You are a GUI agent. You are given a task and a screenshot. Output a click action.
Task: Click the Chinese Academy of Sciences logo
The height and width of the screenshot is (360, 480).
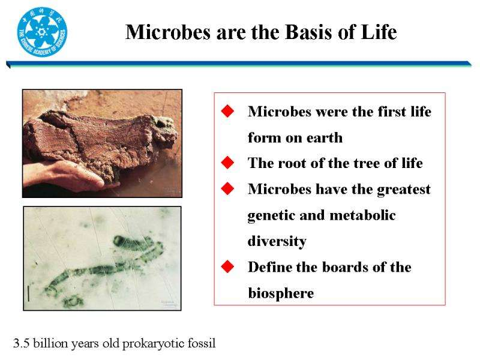point(42,32)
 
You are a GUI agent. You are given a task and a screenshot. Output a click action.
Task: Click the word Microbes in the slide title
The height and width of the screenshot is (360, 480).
point(168,32)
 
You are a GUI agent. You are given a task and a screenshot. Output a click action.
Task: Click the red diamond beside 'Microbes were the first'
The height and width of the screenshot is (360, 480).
point(227,111)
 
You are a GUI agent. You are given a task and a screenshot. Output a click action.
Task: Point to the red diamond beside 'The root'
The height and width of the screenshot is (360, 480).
point(227,163)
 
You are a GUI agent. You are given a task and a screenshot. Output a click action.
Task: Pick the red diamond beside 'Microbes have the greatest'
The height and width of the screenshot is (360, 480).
point(227,188)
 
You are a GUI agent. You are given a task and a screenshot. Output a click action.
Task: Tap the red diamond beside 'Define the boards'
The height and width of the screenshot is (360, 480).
point(227,266)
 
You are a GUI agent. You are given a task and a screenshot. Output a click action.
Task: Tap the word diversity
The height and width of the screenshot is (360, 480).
point(277,242)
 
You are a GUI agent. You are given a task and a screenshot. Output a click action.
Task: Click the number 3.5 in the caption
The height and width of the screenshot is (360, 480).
point(21,343)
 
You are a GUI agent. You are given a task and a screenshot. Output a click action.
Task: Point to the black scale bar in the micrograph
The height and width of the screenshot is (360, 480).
point(28,293)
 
